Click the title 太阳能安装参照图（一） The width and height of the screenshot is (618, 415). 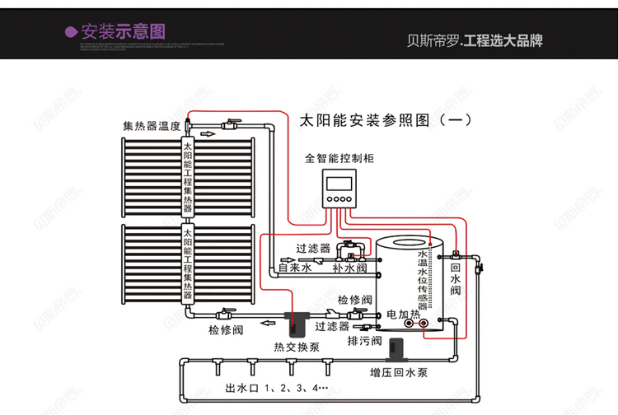coord(385,120)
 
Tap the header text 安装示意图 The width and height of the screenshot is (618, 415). coord(124,31)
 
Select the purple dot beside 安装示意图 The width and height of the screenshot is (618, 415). coord(72,32)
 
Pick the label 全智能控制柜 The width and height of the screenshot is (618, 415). coord(339,157)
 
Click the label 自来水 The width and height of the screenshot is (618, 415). coord(294,268)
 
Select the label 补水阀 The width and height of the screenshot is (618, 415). coord(349,268)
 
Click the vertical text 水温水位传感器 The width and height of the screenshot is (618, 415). coord(424,279)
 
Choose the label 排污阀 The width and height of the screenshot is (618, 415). coord(364,341)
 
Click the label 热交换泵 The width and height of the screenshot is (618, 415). coord(296,346)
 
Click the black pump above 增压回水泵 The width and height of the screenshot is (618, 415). coord(398,350)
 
